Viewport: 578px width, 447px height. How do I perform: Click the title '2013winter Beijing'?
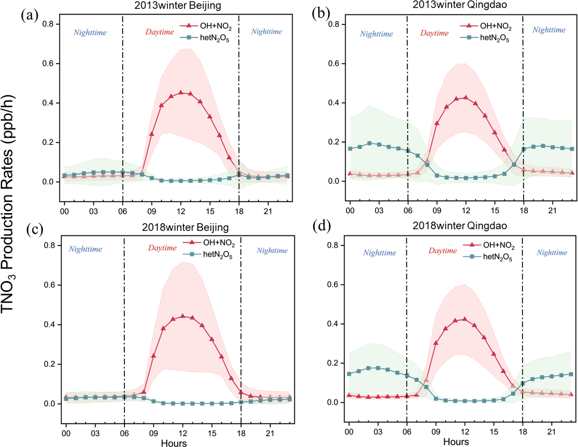[x=177, y=6]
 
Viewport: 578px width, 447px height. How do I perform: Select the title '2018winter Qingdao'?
[x=460, y=225]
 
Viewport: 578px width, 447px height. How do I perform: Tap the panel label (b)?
[x=320, y=14]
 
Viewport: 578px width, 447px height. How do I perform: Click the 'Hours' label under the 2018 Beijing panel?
[x=174, y=443]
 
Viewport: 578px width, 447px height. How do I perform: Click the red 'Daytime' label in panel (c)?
[x=162, y=248]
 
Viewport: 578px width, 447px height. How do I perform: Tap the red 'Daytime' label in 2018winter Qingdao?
[x=442, y=250]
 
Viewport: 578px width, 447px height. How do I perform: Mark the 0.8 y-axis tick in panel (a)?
[x=48, y=24]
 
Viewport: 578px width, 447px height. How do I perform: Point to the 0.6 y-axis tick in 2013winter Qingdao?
[x=334, y=63]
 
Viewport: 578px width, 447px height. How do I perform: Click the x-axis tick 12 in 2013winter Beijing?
[x=181, y=211]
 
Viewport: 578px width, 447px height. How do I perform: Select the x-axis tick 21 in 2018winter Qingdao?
[x=551, y=432]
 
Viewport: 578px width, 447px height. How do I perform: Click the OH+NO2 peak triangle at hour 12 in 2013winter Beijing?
[x=181, y=93]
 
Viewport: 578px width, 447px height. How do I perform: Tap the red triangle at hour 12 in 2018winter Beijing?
[x=182, y=316]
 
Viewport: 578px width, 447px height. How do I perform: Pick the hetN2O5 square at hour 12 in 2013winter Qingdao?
[x=466, y=178]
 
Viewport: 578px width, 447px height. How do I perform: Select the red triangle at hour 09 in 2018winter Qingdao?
[x=436, y=343]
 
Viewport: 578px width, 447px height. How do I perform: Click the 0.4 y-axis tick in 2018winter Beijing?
[x=50, y=324]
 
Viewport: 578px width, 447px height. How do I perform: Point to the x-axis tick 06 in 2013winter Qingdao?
[x=408, y=211]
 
